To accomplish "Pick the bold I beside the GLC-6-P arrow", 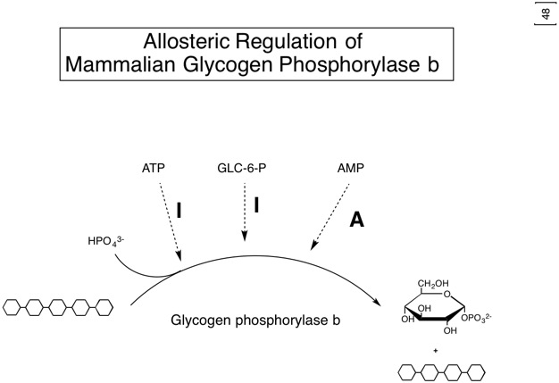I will coord(257,204).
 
